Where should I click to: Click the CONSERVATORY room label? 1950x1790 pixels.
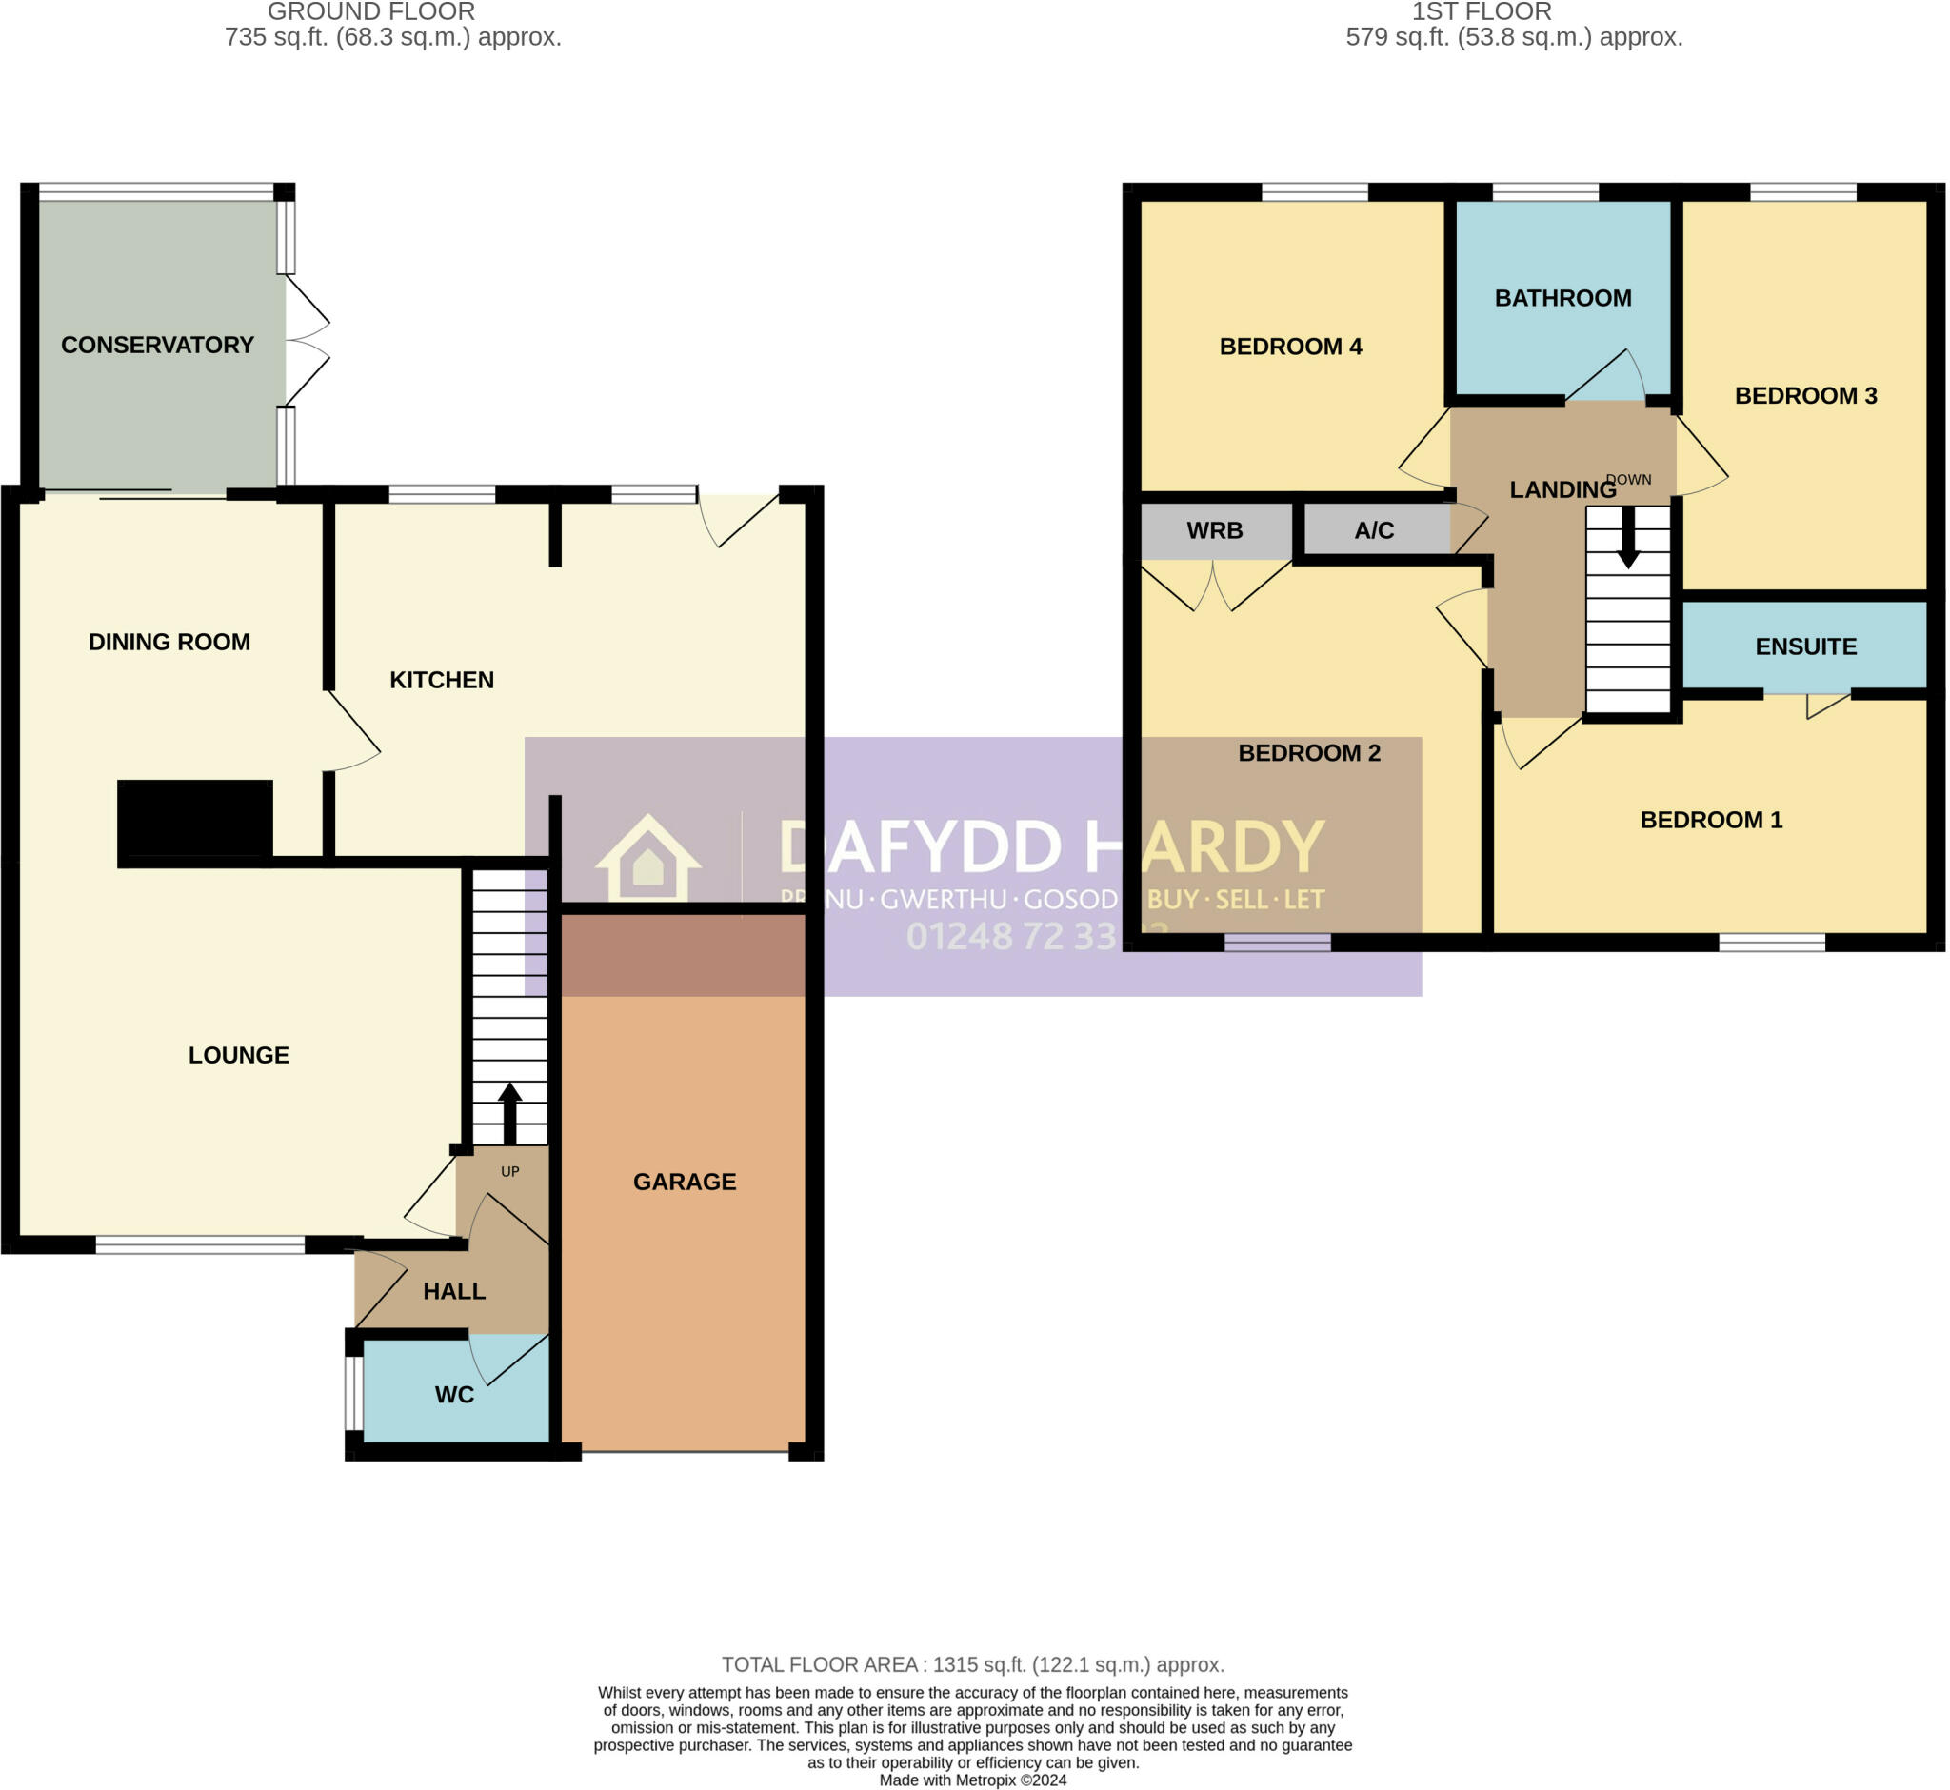click(x=157, y=345)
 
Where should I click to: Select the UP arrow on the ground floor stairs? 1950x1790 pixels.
click(x=509, y=1114)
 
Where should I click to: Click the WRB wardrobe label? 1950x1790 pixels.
click(x=1215, y=530)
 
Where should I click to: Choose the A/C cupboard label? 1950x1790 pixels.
click(x=1374, y=530)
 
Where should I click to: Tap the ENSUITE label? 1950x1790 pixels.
click(x=1805, y=647)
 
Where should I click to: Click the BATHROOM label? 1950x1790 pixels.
click(x=1562, y=298)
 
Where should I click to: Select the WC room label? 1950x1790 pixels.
click(x=454, y=1395)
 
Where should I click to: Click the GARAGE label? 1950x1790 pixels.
click(x=685, y=1182)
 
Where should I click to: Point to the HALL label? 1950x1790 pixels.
click(x=454, y=1291)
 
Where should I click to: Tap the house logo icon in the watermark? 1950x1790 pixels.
click(x=648, y=858)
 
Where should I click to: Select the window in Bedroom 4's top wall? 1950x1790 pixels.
click(x=1315, y=191)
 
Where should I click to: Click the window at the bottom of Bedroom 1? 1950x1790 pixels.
click(x=1772, y=943)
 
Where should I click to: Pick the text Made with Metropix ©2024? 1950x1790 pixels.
click(x=972, y=1780)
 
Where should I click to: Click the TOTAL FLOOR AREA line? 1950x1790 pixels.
click(x=972, y=1665)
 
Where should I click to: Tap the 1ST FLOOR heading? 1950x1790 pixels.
click(x=1482, y=11)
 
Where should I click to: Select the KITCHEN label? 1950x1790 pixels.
click(x=442, y=680)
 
